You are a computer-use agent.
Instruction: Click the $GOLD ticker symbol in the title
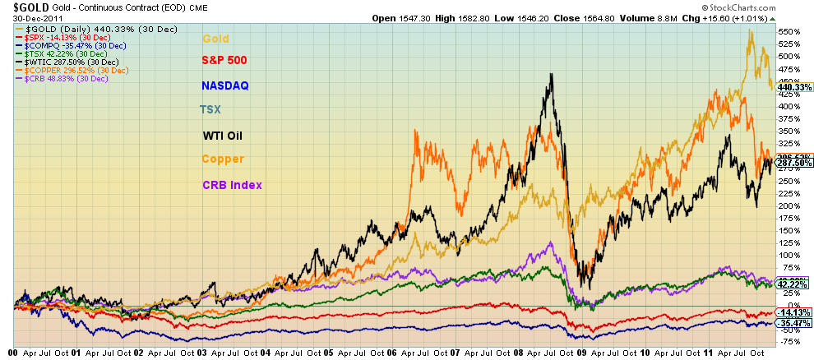click(x=25, y=7)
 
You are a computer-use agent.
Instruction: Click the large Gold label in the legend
click(x=216, y=38)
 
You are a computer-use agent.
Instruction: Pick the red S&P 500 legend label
click(x=224, y=60)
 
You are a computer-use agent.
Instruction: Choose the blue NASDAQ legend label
click(x=224, y=85)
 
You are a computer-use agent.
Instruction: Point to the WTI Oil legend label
click(x=224, y=136)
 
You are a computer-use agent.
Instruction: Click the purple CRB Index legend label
click(x=232, y=185)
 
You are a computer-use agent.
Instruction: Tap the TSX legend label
click(x=210, y=109)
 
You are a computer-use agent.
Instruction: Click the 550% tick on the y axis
click(x=789, y=31)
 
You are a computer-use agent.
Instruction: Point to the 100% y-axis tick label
click(x=789, y=256)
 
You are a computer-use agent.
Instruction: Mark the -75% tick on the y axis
click(x=789, y=342)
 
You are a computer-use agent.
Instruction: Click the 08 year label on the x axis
click(x=517, y=352)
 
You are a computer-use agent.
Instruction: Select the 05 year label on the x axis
click(x=327, y=352)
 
